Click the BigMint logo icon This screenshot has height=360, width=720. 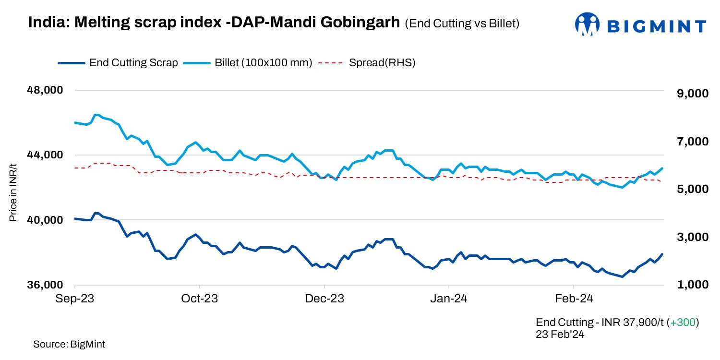click(588, 24)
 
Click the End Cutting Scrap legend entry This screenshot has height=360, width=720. click(118, 62)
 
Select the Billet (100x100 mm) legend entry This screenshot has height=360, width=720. click(250, 62)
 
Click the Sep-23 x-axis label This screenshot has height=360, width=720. click(75, 299)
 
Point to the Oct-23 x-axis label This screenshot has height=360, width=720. click(200, 299)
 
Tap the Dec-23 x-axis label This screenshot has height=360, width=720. click(324, 299)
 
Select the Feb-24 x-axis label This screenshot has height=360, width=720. click(574, 299)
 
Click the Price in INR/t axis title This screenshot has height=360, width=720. click(13, 192)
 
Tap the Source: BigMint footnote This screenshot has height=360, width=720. click(69, 344)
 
